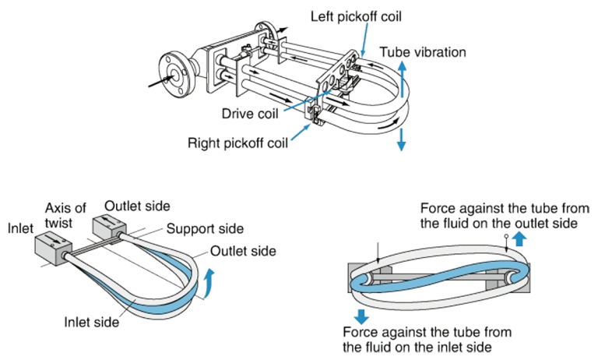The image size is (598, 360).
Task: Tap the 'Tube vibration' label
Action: (423, 53)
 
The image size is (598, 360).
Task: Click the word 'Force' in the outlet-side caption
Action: (437, 209)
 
